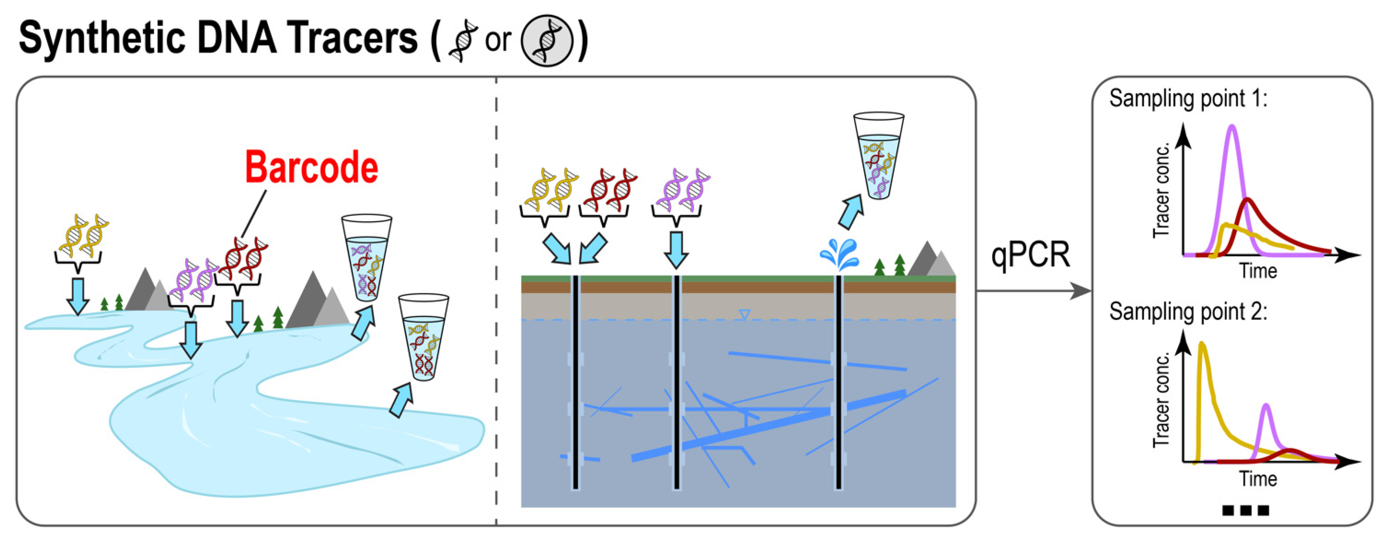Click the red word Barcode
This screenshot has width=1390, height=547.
(311, 167)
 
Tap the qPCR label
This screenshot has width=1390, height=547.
(1031, 254)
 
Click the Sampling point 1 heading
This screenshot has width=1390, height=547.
(1188, 99)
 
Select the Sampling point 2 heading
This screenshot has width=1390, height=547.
(1188, 312)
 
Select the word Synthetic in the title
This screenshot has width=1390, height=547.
(103, 39)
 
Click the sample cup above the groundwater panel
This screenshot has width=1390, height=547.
(878, 157)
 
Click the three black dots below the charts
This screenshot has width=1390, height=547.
(1245, 510)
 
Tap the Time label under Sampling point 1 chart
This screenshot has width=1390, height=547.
(1258, 270)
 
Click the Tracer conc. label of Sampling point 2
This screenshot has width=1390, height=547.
(1161, 399)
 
